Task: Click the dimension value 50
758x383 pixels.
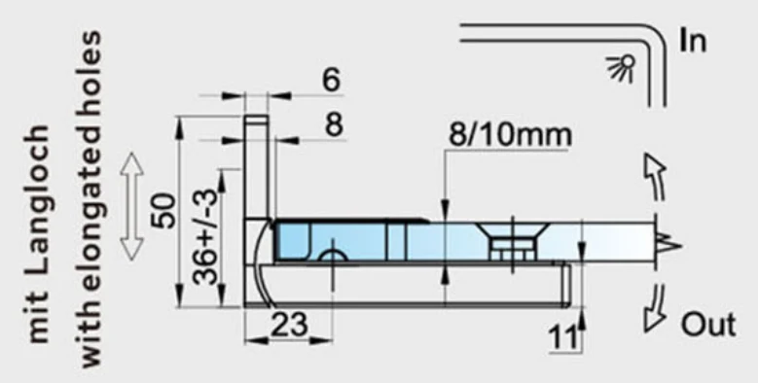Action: pyautogui.click(x=163, y=211)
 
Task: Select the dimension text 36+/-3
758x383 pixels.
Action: pyautogui.click(x=206, y=236)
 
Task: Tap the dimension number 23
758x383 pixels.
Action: pyautogui.click(x=289, y=325)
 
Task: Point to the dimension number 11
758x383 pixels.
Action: pyautogui.click(x=563, y=336)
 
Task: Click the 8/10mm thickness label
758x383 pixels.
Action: pyautogui.click(x=510, y=135)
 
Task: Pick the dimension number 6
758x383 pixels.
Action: pyautogui.click(x=332, y=80)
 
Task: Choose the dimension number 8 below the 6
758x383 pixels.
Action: pyautogui.click(x=334, y=125)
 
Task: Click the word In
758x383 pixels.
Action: pyautogui.click(x=693, y=40)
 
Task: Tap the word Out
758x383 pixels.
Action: pyautogui.click(x=708, y=324)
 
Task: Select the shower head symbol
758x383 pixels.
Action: pyautogui.click(x=622, y=68)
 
